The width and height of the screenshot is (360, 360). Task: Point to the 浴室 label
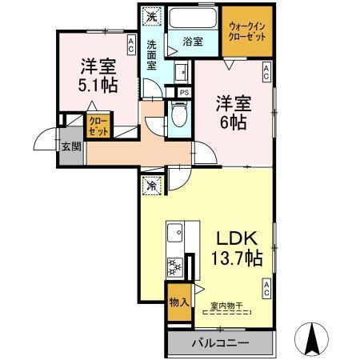click(x=192, y=41)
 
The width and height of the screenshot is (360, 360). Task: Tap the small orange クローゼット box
click(x=99, y=127)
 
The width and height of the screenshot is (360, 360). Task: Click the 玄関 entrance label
click(x=70, y=146)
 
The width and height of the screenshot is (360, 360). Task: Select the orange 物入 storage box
click(x=178, y=302)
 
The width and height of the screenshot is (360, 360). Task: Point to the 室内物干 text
click(x=227, y=304)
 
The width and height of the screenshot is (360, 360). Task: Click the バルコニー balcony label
click(x=220, y=344)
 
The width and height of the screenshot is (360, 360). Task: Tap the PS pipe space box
click(x=183, y=93)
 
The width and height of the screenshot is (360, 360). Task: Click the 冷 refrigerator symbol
click(x=151, y=185)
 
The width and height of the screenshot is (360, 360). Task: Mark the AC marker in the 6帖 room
click(x=266, y=73)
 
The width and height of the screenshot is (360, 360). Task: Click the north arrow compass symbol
click(x=314, y=338)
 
